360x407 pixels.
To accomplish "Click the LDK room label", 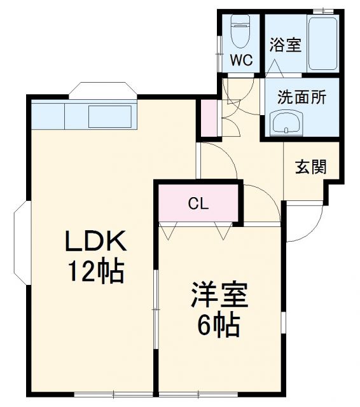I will tap(98, 242).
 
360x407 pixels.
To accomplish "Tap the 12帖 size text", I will tap(98, 272).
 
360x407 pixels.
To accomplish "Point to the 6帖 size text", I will tap(218, 326).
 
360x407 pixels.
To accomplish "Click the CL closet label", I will tap(198, 204).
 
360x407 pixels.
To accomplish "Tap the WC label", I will tap(242, 61).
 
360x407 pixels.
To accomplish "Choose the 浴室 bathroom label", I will tap(284, 46).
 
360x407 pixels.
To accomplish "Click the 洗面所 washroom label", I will tap(301, 97).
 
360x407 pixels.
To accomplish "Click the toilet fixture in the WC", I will tap(241, 34).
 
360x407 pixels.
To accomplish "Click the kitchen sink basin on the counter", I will tap(109, 115).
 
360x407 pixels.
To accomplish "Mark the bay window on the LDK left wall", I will tap(20, 242).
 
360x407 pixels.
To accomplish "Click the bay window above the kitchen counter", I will tap(102, 90).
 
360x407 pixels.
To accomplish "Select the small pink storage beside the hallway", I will tap(209, 117).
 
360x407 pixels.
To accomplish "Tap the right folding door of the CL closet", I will tap(223, 230).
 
